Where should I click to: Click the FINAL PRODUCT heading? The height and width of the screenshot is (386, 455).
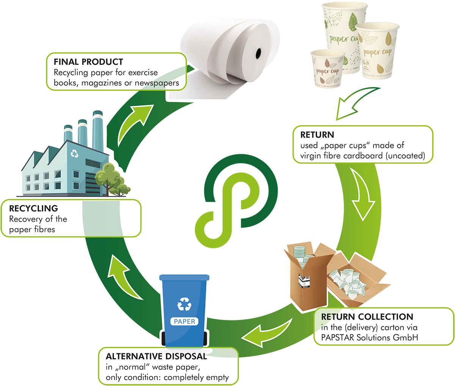click(x=88, y=62)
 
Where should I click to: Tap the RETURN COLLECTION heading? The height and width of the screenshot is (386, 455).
click(x=367, y=317)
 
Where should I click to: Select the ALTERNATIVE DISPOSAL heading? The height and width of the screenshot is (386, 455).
click(x=156, y=356)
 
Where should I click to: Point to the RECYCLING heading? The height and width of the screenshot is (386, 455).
click(x=33, y=209)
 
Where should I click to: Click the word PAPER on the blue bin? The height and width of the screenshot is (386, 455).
click(x=184, y=322)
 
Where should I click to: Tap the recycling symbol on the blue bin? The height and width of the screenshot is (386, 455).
click(x=185, y=304)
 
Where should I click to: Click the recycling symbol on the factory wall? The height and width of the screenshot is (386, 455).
click(x=75, y=154)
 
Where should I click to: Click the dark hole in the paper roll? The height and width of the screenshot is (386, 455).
click(x=259, y=53)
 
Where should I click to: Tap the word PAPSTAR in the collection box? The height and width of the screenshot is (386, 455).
click(x=337, y=337)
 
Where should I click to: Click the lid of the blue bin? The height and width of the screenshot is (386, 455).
click(x=184, y=278)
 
